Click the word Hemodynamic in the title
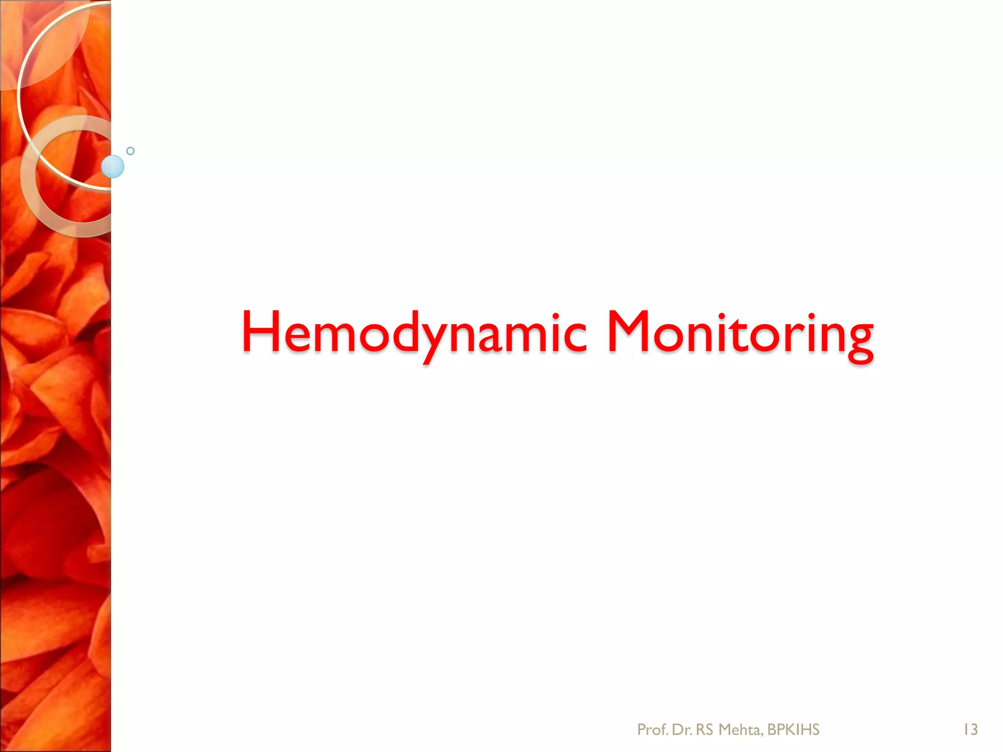(414, 333)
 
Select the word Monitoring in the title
(740, 333)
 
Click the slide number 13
(970, 729)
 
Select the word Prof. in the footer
(652, 729)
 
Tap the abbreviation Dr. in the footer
(682, 729)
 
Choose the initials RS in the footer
(705, 729)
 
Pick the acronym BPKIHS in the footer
(793, 729)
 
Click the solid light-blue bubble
(113, 166)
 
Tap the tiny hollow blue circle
(130, 151)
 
